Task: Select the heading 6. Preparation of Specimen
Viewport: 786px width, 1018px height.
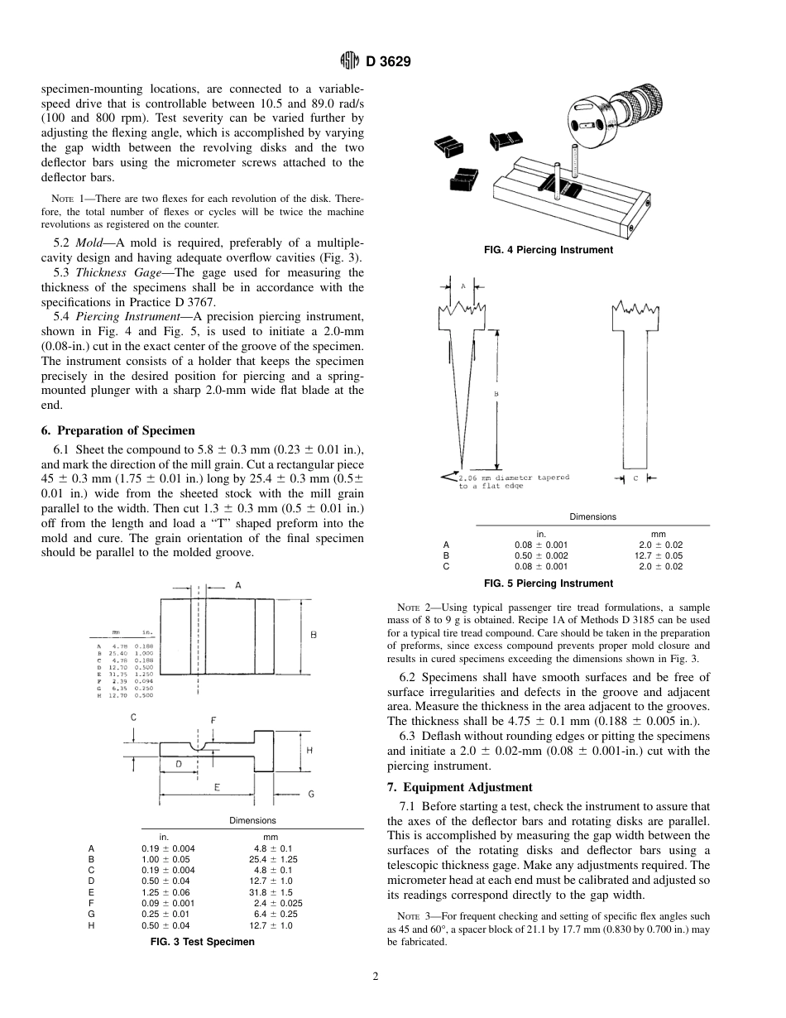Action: coord(118,430)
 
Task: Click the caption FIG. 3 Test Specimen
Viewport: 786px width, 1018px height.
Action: coord(202,942)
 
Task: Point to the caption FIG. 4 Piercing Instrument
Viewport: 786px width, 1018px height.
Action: coord(549,250)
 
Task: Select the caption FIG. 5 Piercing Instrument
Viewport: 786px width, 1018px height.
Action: coord(549,583)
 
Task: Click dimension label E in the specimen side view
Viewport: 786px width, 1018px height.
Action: coord(217,788)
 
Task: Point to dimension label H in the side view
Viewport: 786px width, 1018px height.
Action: coord(309,750)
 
